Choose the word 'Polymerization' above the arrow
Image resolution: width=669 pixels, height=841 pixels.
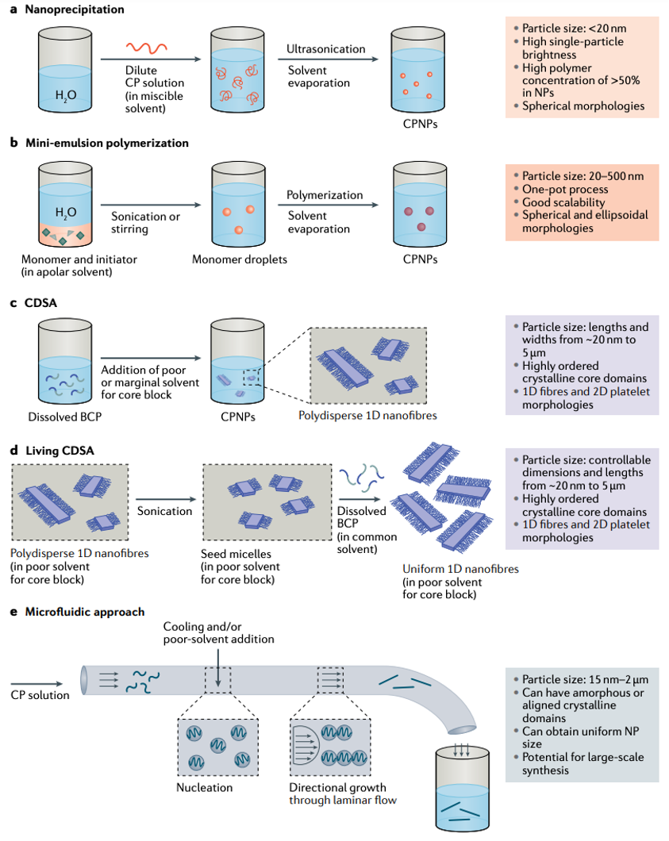[325, 195]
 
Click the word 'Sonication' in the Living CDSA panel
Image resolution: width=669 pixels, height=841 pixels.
[164, 511]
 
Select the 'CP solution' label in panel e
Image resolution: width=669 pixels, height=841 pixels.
[40, 695]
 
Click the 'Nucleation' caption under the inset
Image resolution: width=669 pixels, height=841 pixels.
[205, 788]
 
